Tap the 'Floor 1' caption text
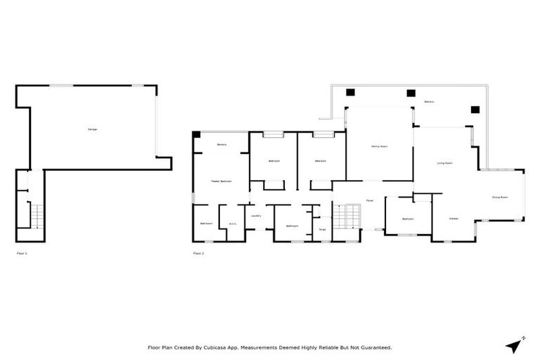[x=21, y=252]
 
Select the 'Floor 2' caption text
[x=198, y=252]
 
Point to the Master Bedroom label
[x=221, y=181]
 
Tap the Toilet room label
[x=322, y=229]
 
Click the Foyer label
[x=369, y=200]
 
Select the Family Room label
[x=380, y=146]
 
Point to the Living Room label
[x=444, y=163]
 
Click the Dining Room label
[x=499, y=198]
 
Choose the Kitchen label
[x=454, y=219]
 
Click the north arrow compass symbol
[x=515, y=345]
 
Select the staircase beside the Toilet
[x=345, y=216]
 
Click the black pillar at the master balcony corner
[x=197, y=134]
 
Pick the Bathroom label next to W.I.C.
[x=206, y=224]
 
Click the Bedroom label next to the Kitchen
[x=408, y=219]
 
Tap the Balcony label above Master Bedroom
[x=221, y=145]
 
